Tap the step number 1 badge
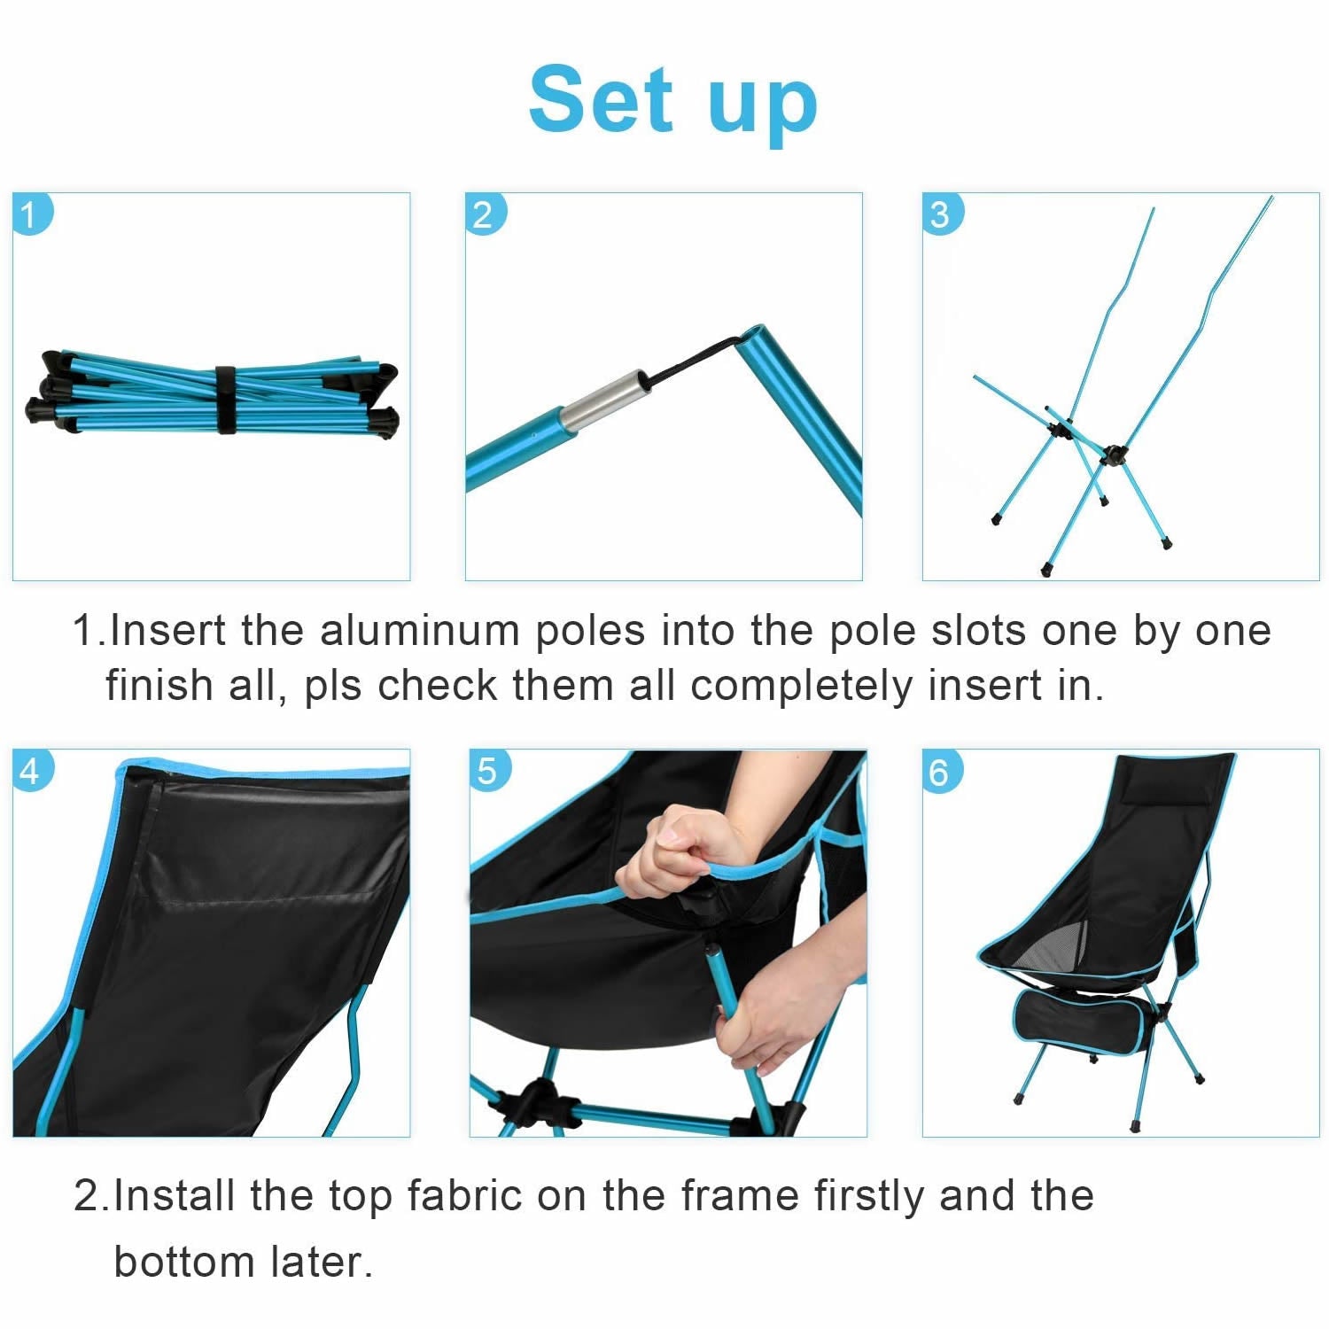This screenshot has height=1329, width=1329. pyautogui.click(x=32, y=214)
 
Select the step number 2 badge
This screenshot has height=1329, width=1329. pyautogui.click(x=484, y=214)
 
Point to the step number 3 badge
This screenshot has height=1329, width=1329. pyautogui.click(x=941, y=214)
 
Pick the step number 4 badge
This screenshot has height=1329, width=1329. pyautogui.click(x=32, y=771)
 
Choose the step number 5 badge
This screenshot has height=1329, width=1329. pyautogui.click(x=488, y=771)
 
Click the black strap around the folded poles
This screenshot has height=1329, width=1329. pyautogui.click(x=225, y=400)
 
